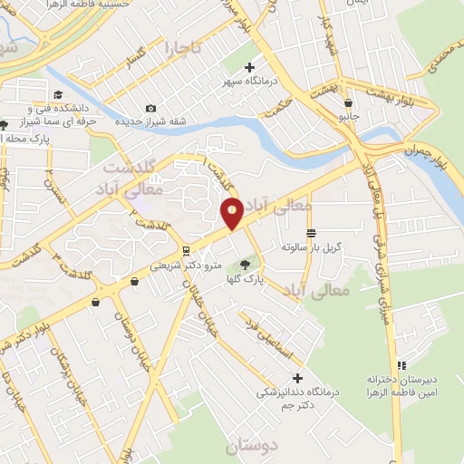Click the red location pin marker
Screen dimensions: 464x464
pos(232,213)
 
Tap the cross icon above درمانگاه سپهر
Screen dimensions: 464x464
pos(250,67)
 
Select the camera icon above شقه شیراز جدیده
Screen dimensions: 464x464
pos(150,109)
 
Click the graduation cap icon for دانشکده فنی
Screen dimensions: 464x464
pos(58,95)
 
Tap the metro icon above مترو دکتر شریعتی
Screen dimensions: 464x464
pos(185,251)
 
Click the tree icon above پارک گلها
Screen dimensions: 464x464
pos(243,265)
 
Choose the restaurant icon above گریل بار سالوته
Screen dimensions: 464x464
pos(311,233)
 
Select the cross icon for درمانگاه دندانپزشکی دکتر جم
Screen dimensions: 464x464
pos(297,378)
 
